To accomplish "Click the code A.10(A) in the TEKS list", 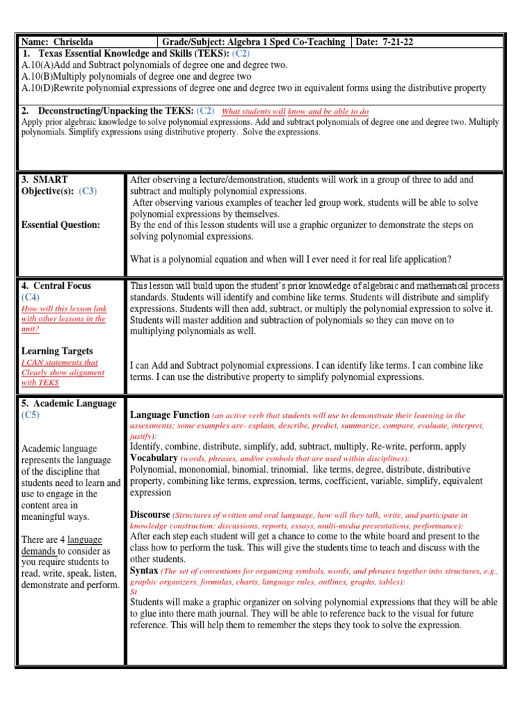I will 37,65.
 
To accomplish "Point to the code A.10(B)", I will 37,76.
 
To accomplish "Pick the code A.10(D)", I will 37,87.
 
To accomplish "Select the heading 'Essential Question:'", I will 61,225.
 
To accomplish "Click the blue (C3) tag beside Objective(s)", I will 88,191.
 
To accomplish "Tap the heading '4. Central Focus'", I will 56,286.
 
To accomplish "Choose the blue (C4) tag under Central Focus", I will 30,297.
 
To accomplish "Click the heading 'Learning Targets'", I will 57,351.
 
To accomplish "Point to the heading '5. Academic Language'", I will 69,404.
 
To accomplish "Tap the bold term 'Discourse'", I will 150,514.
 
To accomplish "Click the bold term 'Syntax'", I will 144,570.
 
